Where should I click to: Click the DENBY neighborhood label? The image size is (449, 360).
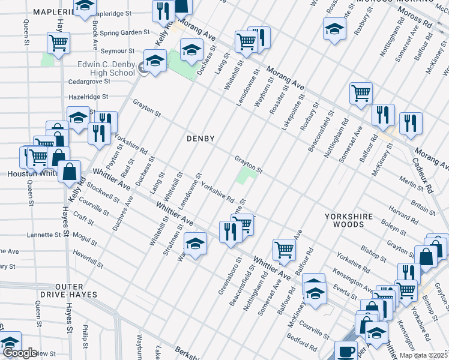200,138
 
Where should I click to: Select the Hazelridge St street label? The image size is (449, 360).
88,96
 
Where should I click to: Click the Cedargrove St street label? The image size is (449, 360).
90,81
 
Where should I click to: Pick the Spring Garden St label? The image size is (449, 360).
125,32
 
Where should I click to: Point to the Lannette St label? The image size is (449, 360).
44,235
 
